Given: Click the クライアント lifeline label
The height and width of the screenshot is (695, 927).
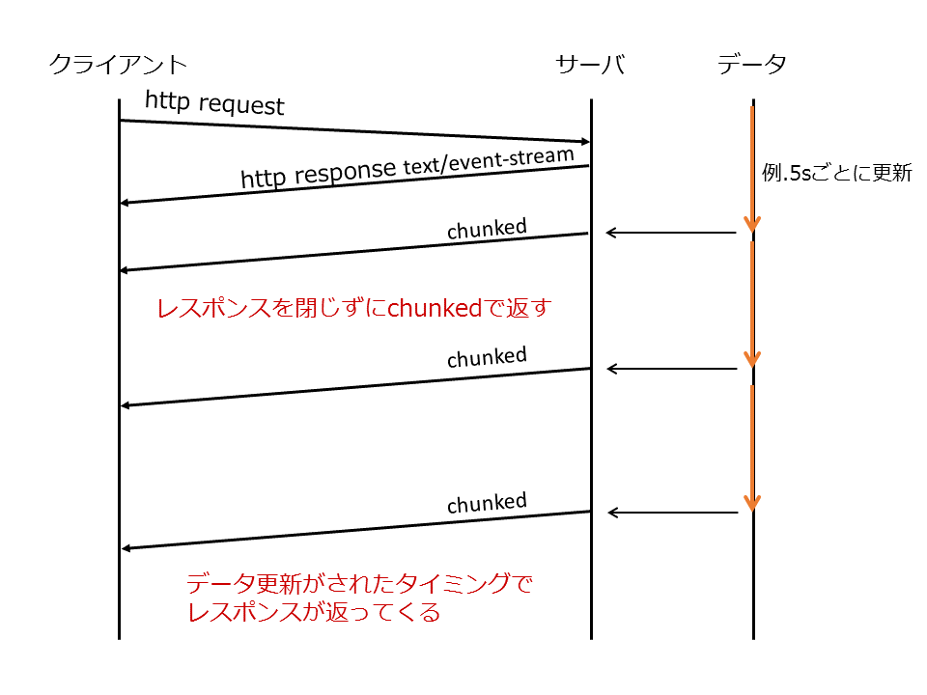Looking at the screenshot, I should tap(118, 66).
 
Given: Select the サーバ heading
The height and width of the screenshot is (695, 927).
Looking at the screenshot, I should tap(590, 66).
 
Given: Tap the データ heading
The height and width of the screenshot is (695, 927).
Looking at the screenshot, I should tap(752, 66).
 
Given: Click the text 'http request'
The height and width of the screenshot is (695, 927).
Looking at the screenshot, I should tap(214, 102).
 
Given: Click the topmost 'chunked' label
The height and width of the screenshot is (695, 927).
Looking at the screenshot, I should tap(487, 229).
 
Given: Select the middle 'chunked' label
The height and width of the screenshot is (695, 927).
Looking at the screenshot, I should tap(487, 357).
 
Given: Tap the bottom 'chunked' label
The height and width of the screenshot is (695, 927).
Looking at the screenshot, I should tap(487, 503).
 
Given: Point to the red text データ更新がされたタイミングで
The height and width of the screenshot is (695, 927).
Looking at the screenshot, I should tap(359, 584).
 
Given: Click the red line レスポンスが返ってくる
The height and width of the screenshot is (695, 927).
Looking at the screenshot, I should tap(314, 612).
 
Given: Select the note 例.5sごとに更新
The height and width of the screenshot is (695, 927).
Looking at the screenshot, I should tap(836, 175).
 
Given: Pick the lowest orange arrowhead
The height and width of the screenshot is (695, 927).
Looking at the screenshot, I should tap(752, 502).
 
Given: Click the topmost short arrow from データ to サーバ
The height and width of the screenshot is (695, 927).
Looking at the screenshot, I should tap(671, 233).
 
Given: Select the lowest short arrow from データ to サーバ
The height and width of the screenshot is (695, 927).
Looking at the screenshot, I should tap(671, 513).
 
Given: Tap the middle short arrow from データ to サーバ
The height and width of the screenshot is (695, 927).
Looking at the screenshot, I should tap(671, 369).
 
